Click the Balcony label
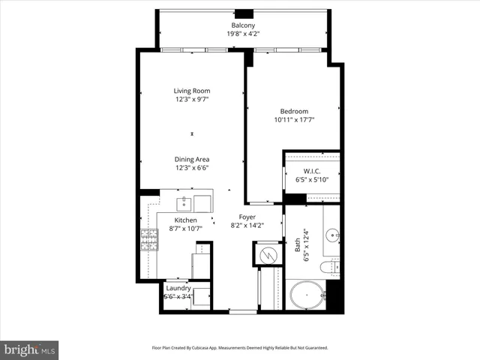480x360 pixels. (x=241, y=25)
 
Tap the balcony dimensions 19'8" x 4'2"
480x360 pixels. (x=241, y=34)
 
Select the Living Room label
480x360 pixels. (x=192, y=91)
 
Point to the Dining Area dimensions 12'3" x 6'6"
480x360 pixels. (x=192, y=168)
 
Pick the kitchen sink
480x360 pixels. (x=184, y=202)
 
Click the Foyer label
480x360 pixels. (x=246, y=216)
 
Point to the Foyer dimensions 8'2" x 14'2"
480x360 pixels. (x=246, y=224)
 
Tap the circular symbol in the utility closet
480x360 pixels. (x=266, y=254)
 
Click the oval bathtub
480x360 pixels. (x=307, y=295)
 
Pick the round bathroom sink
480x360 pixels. (x=332, y=232)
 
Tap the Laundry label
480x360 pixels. (x=178, y=288)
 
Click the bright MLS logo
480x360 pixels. (x=30, y=349)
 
